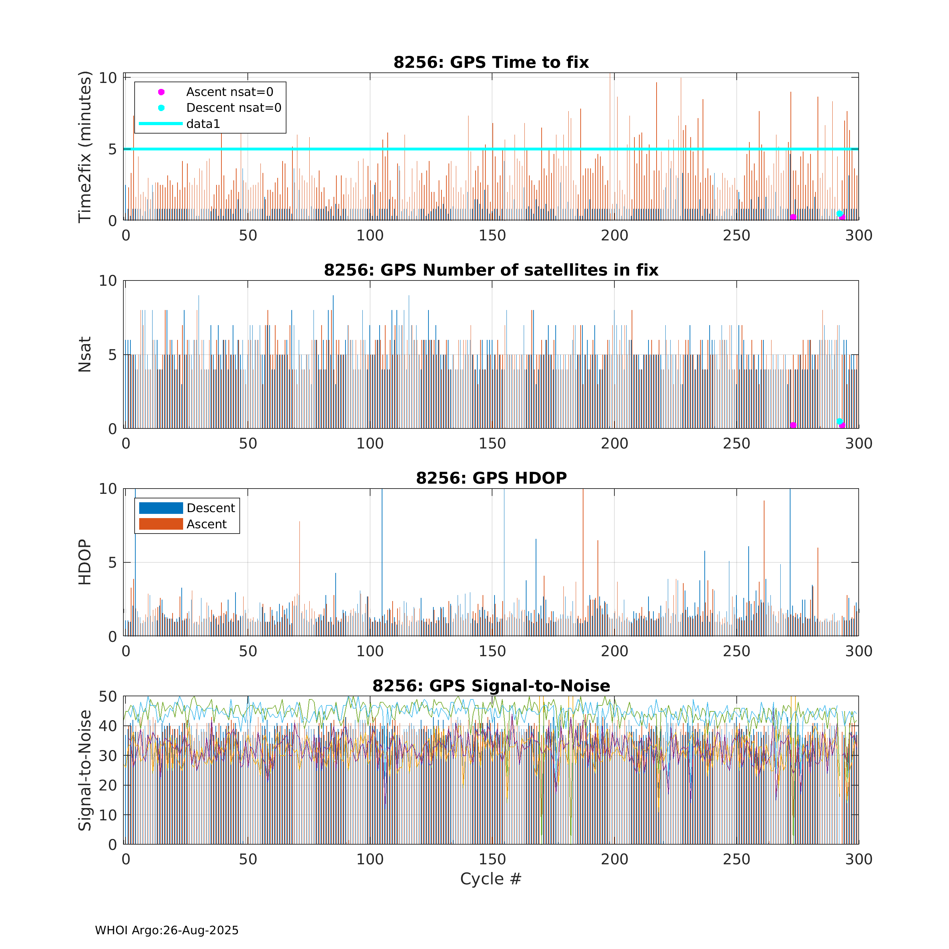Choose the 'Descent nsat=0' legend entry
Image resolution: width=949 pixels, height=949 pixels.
[233, 108]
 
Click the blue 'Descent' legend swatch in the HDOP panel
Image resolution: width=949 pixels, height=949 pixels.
[161, 508]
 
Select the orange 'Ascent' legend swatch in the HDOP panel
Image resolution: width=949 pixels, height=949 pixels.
[161, 524]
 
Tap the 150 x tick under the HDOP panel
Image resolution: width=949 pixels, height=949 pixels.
[492, 651]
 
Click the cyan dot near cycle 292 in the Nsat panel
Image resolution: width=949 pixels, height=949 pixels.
[839, 421]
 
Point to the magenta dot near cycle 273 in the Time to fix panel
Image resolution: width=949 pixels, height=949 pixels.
[793, 217]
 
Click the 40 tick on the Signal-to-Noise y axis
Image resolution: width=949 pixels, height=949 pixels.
[108, 726]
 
